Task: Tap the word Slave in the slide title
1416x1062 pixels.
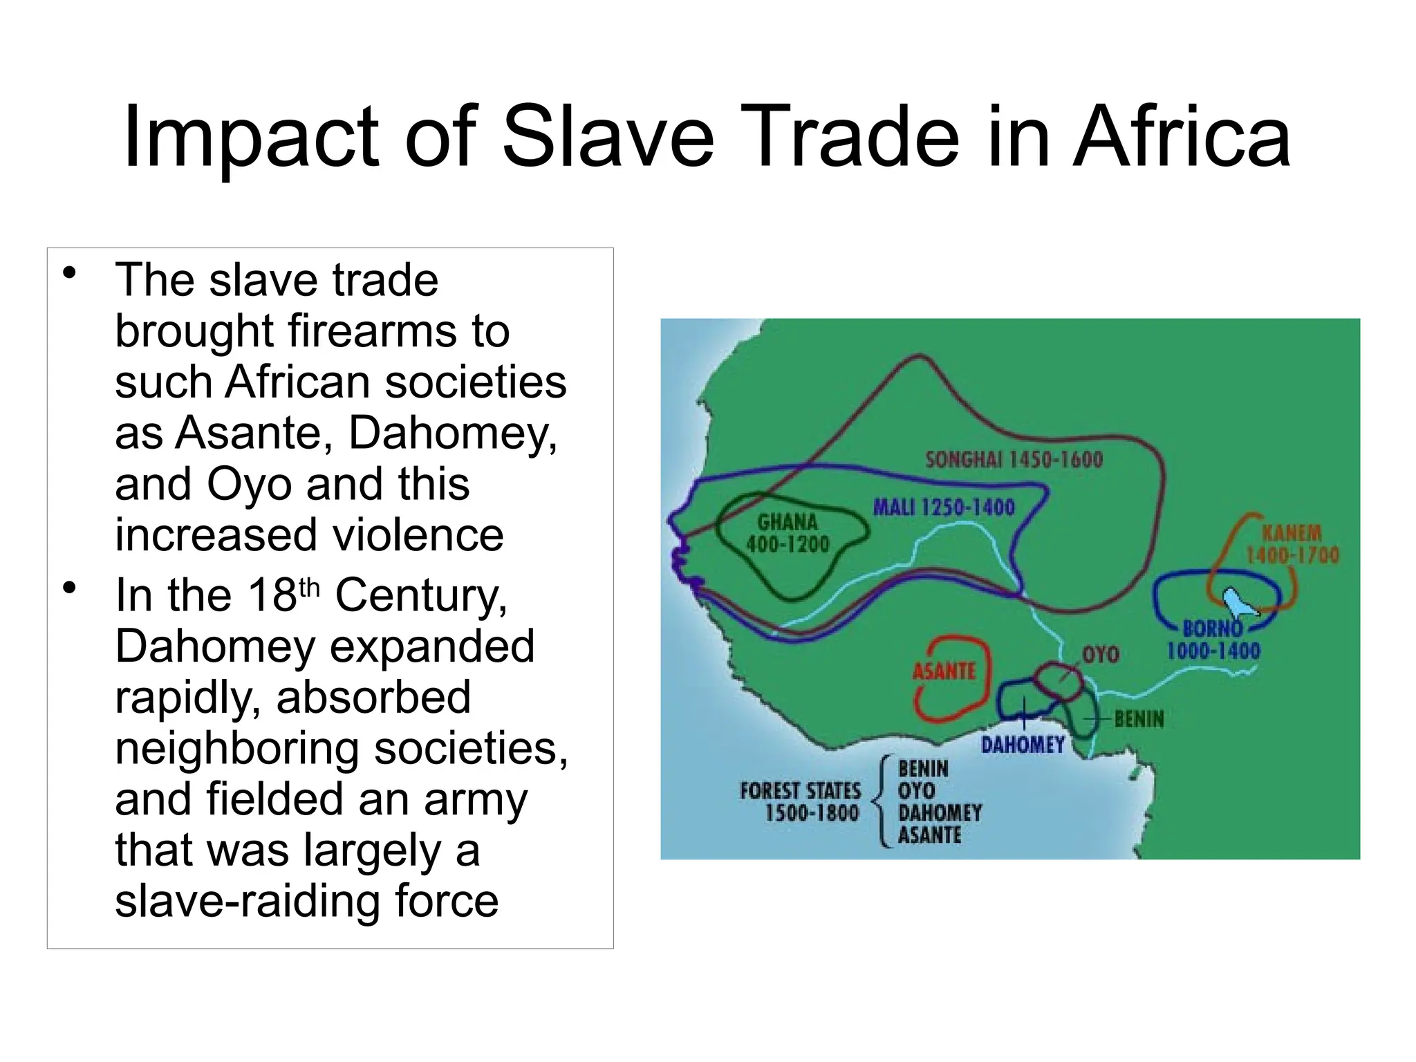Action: [608, 138]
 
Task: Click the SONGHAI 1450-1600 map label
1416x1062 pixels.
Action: [1014, 460]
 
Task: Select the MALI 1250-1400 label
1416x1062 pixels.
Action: [944, 507]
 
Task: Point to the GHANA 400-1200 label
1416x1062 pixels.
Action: [788, 532]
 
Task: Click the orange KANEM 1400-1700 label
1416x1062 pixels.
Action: [1292, 543]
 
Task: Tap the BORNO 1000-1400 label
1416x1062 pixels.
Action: [1213, 640]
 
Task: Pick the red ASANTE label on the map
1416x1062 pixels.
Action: [944, 671]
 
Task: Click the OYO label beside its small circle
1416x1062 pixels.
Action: [1100, 654]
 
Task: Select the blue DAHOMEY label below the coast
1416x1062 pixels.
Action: [1023, 745]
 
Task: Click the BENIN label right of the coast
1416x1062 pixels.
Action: [1139, 719]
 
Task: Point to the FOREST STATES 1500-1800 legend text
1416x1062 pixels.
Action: [801, 801]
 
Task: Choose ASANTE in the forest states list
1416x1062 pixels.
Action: [929, 835]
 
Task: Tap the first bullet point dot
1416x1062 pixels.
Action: [68, 274]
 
